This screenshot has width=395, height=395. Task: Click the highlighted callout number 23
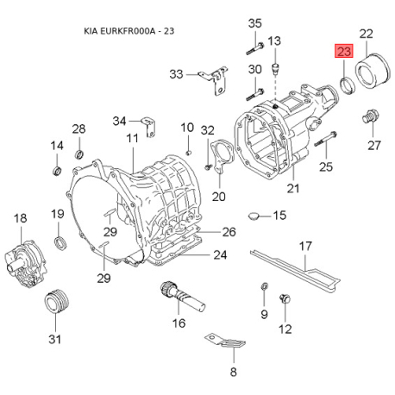pos(343,53)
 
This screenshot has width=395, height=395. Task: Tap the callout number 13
pos(275,41)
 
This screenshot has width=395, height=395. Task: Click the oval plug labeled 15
pos(254,215)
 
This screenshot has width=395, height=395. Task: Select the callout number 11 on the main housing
pos(132,139)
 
